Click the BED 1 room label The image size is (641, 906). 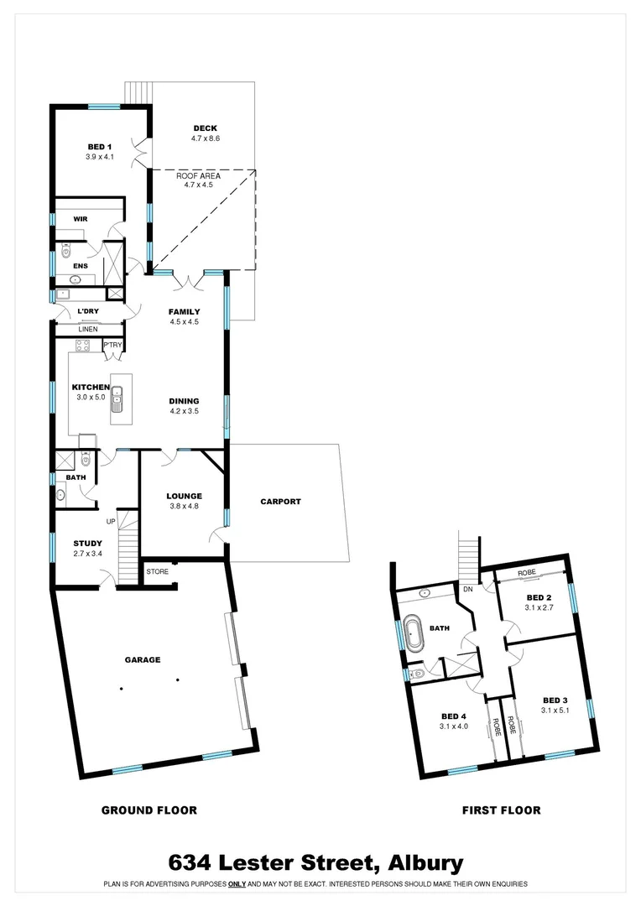[100, 147]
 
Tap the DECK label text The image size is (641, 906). [206, 128]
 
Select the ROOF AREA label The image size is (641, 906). [198, 176]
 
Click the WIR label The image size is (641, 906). [81, 219]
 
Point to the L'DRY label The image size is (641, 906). [88, 312]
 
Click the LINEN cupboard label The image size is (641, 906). [88, 330]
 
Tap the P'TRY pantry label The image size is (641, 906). [112, 345]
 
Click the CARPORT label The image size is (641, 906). [280, 502]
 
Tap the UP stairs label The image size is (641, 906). [110, 522]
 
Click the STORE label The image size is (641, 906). [158, 572]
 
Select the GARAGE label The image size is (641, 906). [143, 660]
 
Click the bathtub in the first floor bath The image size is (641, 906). [414, 633]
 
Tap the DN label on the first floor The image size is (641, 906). [466, 590]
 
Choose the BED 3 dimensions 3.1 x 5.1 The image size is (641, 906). [555, 711]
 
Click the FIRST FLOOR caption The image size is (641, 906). [501, 810]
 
